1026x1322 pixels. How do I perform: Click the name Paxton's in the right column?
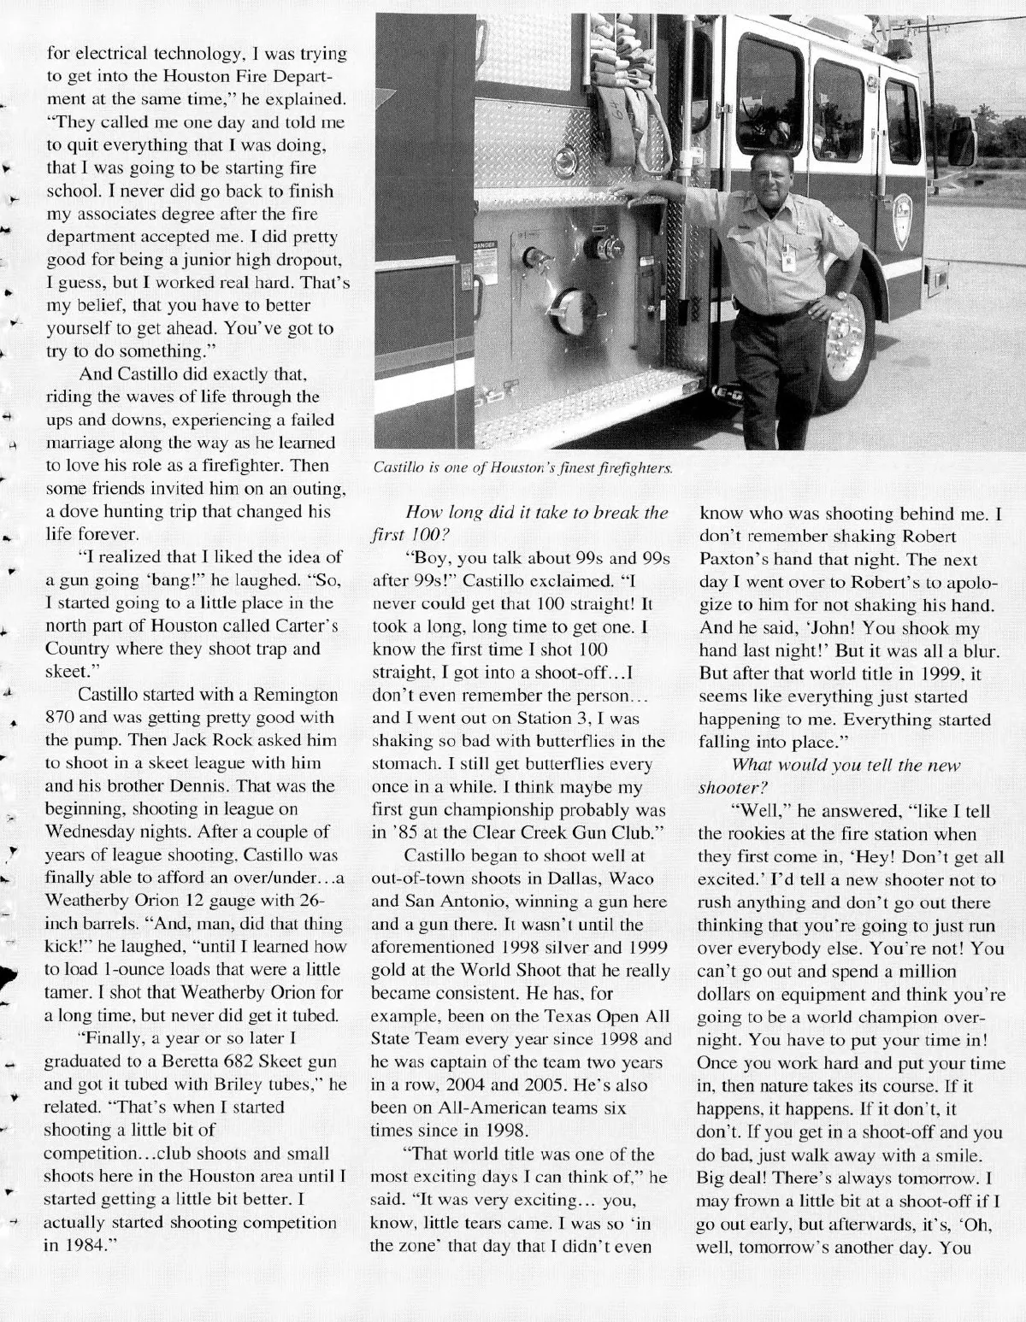point(741,559)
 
